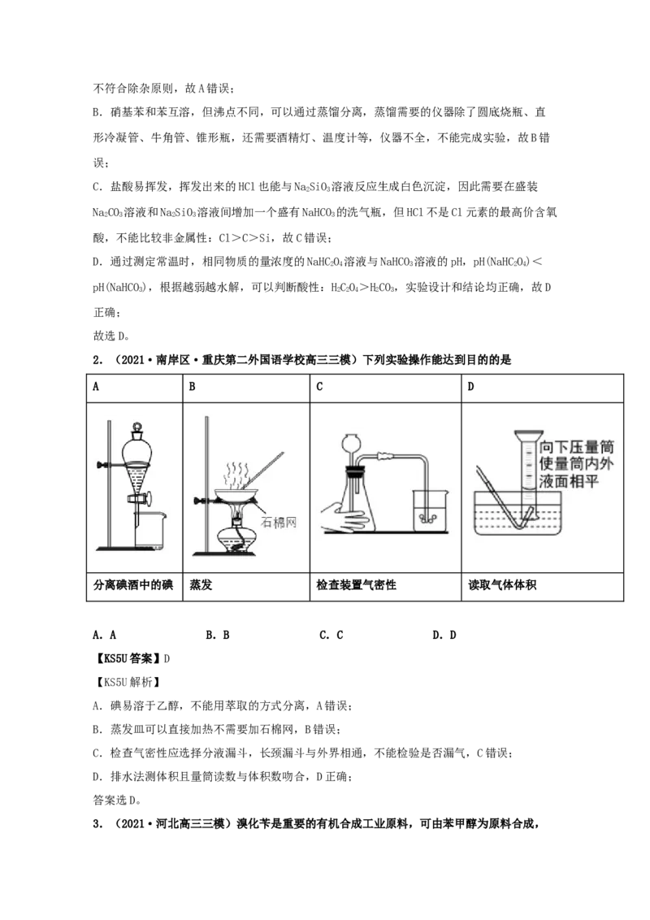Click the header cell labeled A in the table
click(x=134, y=387)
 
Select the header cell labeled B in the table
click(x=246, y=387)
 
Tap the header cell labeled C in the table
click(x=385, y=387)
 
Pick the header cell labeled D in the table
click(x=542, y=387)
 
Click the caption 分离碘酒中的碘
click(x=133, y=585)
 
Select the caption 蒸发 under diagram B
click(x=201, y=585)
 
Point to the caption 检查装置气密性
click(x=356, y=585)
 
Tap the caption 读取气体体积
click(x=502, y=585)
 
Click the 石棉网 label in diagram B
click(x=279, y=522)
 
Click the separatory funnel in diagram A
click(x=137, y=470)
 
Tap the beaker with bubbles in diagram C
click(x=430, y=510)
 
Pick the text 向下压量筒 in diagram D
click(x=575, y=447)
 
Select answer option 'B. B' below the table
click(x=218, y=635)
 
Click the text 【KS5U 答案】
click(x=128, y=658)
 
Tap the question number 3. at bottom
click(x=98, y=824)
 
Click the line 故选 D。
click(x=111, y=336)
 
